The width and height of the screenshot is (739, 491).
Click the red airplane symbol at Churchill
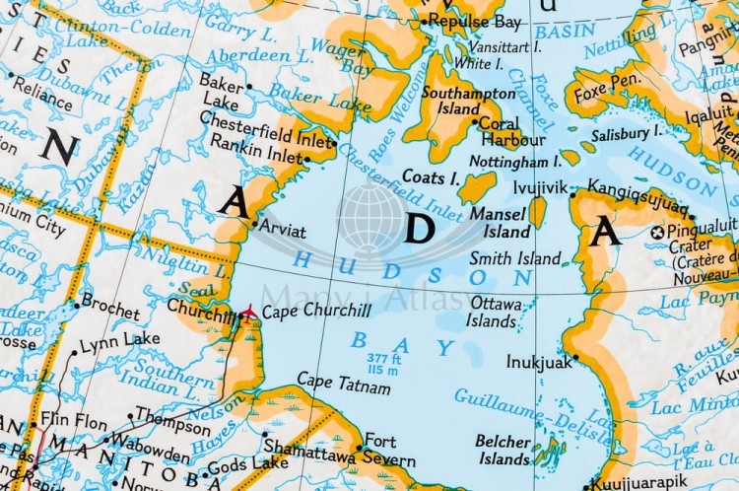tap(246, 313)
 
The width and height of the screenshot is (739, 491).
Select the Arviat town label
tap(282, 230)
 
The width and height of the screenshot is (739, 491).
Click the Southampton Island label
tap(457, 101)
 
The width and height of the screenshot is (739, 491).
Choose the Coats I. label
tap(431, 177)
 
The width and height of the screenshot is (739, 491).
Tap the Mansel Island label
tap(500, 222)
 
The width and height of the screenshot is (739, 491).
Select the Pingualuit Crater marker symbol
tap(658, 233)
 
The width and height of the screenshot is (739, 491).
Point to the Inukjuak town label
tap(539, 362)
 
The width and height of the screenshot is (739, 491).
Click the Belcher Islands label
tap(504, 450)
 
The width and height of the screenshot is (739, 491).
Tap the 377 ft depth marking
tap(383, 358)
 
